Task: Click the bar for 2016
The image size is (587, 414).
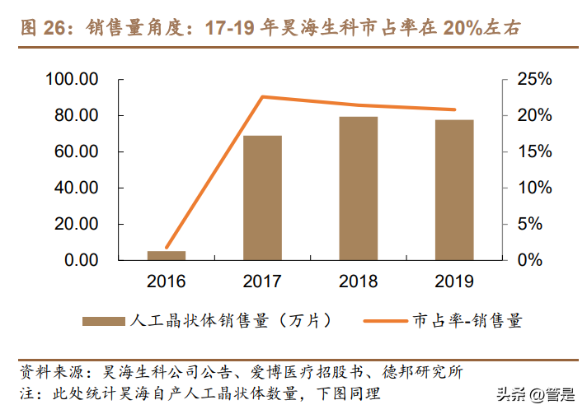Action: pos(167,255)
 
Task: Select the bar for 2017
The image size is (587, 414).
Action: pos(262,198)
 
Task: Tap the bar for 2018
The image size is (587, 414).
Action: pos(359,188)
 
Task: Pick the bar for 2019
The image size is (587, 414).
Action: pos(454,190)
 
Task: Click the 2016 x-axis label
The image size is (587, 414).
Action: pos(167,281)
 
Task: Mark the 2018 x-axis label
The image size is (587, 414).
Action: pos(359,281)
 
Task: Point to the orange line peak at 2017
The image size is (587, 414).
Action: pos(262,97)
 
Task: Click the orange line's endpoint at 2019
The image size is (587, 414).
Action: pos(454,109)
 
